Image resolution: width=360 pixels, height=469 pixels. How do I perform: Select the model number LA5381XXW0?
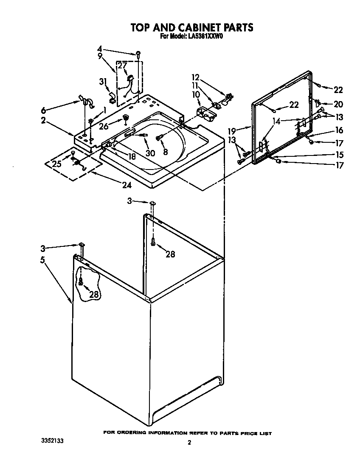coord(205,37)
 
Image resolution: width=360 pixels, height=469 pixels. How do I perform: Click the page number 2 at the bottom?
coord(189,443)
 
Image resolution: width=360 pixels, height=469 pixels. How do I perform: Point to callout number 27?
coord(122,65)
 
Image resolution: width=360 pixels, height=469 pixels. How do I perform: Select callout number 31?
coord(102,82)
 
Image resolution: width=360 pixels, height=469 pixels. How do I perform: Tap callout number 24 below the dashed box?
coord(127,185)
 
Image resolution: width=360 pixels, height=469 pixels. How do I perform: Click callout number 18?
coord(132,156)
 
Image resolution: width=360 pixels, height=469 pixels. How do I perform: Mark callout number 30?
coord(150,153)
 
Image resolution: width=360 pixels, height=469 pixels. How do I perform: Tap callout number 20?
coord(338,104)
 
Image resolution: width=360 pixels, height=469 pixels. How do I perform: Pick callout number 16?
coord(339,130)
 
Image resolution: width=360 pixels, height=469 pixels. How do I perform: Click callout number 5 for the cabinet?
coord(43,260)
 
